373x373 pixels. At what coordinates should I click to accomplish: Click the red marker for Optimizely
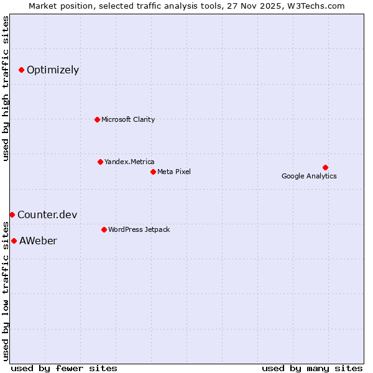pyautogui.click(x=21, y=70)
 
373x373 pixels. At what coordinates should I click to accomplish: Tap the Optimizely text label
pyautogui.click(x=53, y=70)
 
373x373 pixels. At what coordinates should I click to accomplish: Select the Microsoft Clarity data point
pyautogui.click(x=97, y=119)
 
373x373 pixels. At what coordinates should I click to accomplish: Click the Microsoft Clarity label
pyautogui.click(x=128, y=119)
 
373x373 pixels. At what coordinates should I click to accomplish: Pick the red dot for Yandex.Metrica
pyautogui.click(x=100, y=162)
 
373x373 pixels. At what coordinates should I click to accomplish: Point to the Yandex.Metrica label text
pyautogui.click(x=129, y=162)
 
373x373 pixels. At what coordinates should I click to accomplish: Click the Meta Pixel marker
pyautogui.click(x=153, y=172)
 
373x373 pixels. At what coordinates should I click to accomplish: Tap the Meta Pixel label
pyautogui.click(x=174, y=172)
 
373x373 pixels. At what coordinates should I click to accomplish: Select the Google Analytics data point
pyautogui.click(x=325, y=167)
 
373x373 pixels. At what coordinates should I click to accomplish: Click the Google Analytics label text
pyautogui.click(x=309, y=176)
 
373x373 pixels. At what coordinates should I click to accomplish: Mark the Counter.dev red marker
pyautogui.click(x=12, y=214)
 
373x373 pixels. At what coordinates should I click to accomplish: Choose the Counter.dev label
pyautogui.click(x=47, y=215)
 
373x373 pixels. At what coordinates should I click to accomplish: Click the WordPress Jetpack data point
pyautogui.click(x=104, y=229)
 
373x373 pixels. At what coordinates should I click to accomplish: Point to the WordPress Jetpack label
pyautogui.click(x=139, y=229)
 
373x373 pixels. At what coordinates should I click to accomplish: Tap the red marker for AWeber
pyautogui.click(x=14, y=241)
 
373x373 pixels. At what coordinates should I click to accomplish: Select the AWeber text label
pyautogui.click(x=38, y=241)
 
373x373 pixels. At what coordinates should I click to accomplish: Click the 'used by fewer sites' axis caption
pyautogui.click(x=64, y=368)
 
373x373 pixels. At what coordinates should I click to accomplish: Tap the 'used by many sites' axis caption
pyautogui.click(x=312, y=368)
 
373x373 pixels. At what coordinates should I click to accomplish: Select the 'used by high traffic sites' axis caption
pyautogui.click(x=6, y=88)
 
